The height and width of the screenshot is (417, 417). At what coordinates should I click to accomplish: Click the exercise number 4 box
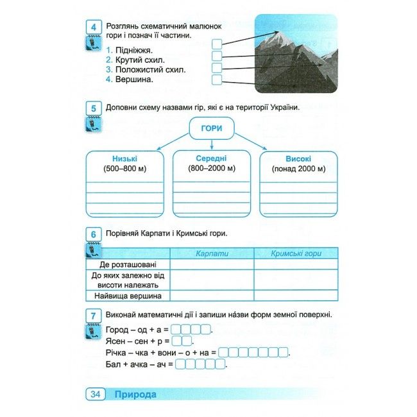[x=94, y=27]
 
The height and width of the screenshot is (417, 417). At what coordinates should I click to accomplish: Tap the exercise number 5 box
[x=94, y=109]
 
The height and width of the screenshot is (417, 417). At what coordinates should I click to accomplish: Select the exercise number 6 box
[x=94, y=235]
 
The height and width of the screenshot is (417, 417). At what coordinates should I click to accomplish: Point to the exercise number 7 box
[x=94, y=316]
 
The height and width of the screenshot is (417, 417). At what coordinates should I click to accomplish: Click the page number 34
[x=94, y=394]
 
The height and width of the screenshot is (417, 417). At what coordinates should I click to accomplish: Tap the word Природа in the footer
[x=135, y=394]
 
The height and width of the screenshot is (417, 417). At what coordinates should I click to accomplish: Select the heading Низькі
[x=124, y=158]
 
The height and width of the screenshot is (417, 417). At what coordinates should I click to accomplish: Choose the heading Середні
[x=211, y=158]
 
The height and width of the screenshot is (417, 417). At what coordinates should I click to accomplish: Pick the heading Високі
[x=298, y=158]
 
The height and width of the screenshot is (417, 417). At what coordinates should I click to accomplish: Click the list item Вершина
[x=134, y=80]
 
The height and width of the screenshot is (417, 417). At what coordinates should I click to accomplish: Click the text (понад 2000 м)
[x=298, y=169]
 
